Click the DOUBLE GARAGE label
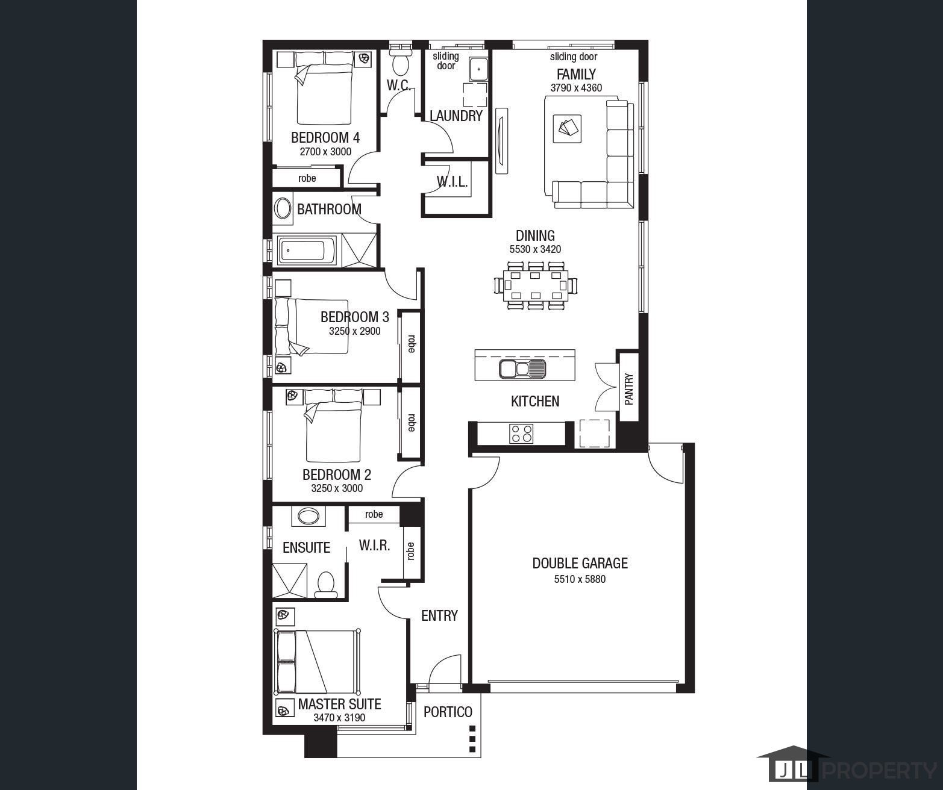pos(580,564)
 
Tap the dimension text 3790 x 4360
pos(576,88)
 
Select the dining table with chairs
pos(536,285)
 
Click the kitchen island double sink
pos(522,369)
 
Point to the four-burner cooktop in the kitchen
pos(521,434)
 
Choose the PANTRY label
pos(628,389)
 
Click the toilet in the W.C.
pos(400,64)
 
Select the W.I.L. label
pos(452,182)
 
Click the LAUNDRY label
pos(456,116)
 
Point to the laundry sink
pos(478,69)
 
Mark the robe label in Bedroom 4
pos(307,178)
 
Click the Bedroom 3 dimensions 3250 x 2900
pos(354,331)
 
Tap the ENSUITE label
pos(306,547)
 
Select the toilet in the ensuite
pos(325,585)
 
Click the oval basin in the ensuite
pos(309,516)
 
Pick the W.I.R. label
pos(374,546)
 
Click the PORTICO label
pos(448,712)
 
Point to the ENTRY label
pos(439,615)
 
